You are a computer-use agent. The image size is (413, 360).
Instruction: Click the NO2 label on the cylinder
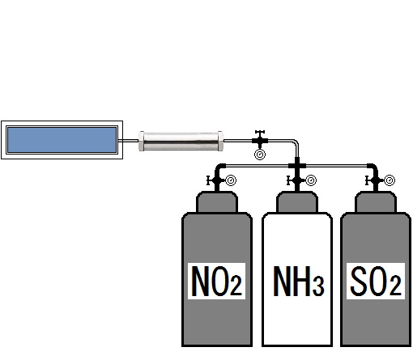click(216, 281)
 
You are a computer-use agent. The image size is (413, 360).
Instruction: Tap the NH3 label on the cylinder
click(298, 281)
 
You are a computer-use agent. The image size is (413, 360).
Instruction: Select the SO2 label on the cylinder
click(376, 281)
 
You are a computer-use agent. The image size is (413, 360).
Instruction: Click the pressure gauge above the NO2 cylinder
click(231, 180)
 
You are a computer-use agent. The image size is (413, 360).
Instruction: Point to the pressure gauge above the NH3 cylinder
click(311, 180)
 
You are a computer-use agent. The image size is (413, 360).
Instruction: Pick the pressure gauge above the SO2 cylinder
click(390, 180)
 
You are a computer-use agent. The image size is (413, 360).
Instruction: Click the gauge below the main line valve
click(260, 155)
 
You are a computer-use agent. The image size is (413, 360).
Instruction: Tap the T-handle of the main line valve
click(260, 132)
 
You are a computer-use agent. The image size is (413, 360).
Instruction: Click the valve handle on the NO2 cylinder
click(208, 180)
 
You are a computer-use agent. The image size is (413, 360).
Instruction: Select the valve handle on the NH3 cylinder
click(288, 180)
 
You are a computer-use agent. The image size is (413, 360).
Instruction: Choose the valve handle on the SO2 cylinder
click(367, 180)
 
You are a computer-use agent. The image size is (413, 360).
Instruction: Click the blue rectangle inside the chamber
click(62, 140)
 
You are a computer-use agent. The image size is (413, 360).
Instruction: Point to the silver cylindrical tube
click(181, 141)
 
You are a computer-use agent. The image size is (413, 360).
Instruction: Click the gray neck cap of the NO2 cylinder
click(217, 202)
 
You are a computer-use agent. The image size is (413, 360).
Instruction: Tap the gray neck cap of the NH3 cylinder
click(297, 202)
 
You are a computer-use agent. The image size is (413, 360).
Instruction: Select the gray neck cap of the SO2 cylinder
click(376, 202)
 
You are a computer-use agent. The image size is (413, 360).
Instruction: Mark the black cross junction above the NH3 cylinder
click(297, 165)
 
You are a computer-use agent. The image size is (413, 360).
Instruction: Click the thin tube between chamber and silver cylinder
click(129, 141)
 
